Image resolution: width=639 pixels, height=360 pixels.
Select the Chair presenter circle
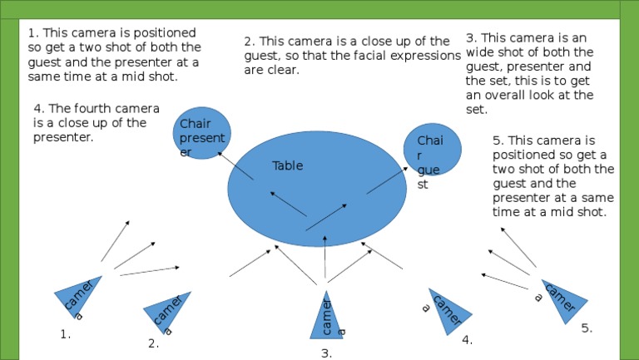pos(201,132)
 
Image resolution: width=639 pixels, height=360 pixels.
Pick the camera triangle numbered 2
pos(167,312)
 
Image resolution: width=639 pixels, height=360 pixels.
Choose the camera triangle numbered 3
pos(326,317)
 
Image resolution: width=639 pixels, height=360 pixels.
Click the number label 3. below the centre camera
pos(326,353)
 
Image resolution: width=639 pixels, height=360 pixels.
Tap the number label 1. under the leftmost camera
pos(67,335)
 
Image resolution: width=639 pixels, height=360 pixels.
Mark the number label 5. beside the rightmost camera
pos(587,328)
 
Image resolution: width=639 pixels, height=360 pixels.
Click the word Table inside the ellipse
pos(288,165)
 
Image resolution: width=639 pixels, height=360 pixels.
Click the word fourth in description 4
pos(92,108)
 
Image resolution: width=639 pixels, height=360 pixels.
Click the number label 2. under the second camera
pos(153,343)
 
